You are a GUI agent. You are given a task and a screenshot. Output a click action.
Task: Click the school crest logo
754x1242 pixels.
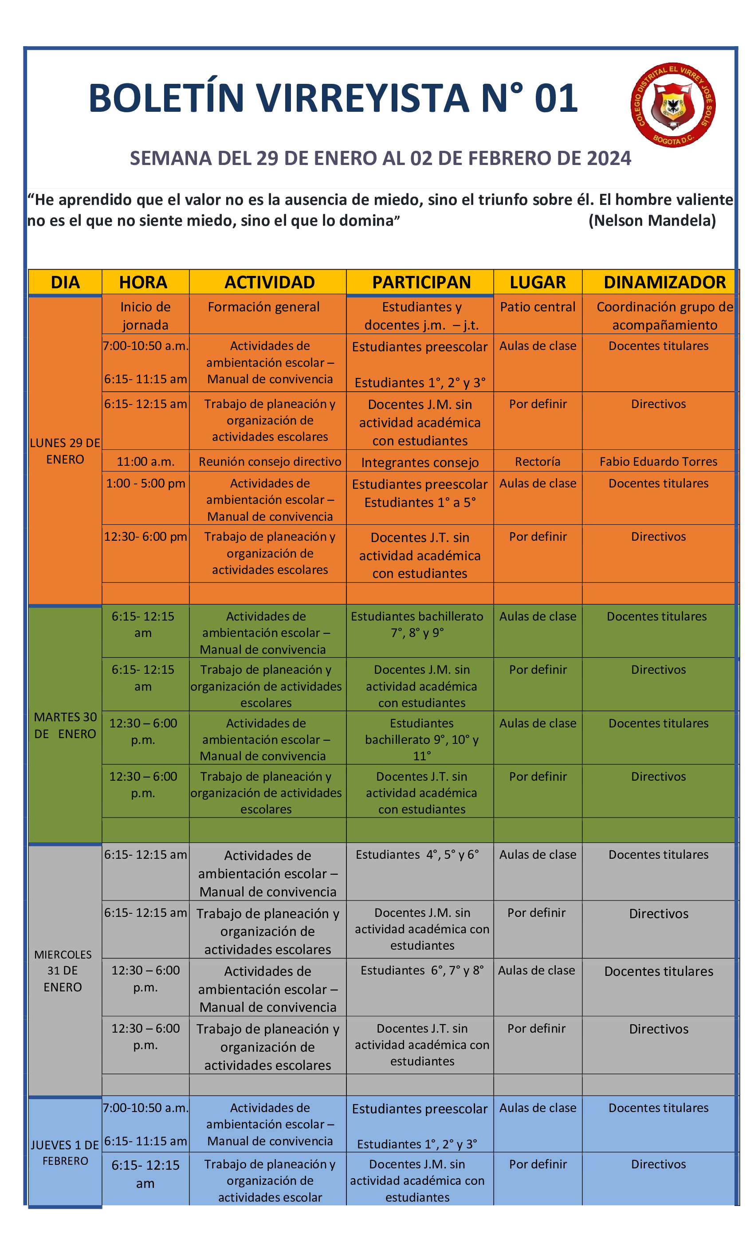click(x=673, y=105)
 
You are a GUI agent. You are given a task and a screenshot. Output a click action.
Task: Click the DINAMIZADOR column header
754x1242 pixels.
click(x=664, y=282)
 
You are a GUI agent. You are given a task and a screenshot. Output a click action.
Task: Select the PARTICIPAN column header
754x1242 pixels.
click(x=421, y=282)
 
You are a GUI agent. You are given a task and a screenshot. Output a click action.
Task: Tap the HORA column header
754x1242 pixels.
click(x=143, y=282)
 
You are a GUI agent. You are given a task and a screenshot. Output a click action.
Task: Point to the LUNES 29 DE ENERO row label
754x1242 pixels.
click(x=65, y=451)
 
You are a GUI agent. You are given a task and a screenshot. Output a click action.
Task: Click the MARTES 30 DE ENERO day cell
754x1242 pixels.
click(x=65, y=725)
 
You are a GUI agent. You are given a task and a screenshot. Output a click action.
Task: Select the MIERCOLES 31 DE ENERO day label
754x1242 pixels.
click(x=63, y=971)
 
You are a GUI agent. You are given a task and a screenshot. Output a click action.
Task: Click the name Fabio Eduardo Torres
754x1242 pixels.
click(x=658, y=461)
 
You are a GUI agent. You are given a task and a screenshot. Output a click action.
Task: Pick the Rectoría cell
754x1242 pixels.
click(x=537, y=461)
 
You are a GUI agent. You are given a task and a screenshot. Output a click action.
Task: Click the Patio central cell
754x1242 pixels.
click(x=537, y=307)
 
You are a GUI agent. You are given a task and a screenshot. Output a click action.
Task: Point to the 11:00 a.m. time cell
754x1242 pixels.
click(x=145, y=461)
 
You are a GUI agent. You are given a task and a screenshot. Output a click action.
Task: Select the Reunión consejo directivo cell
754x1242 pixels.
click(x=270, y=461)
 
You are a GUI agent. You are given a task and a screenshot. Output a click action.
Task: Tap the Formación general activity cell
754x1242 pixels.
click(x=263, y=307)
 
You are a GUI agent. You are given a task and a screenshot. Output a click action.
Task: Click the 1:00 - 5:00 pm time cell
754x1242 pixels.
click(x=145, y=483)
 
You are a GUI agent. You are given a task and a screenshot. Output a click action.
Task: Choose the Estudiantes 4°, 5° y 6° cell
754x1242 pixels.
click(x=417, y=854)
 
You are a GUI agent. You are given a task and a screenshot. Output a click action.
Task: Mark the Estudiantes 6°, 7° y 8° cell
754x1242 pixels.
click(x=422, y=971)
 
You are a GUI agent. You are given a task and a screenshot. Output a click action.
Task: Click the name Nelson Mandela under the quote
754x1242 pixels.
click(x=652, y=220)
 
